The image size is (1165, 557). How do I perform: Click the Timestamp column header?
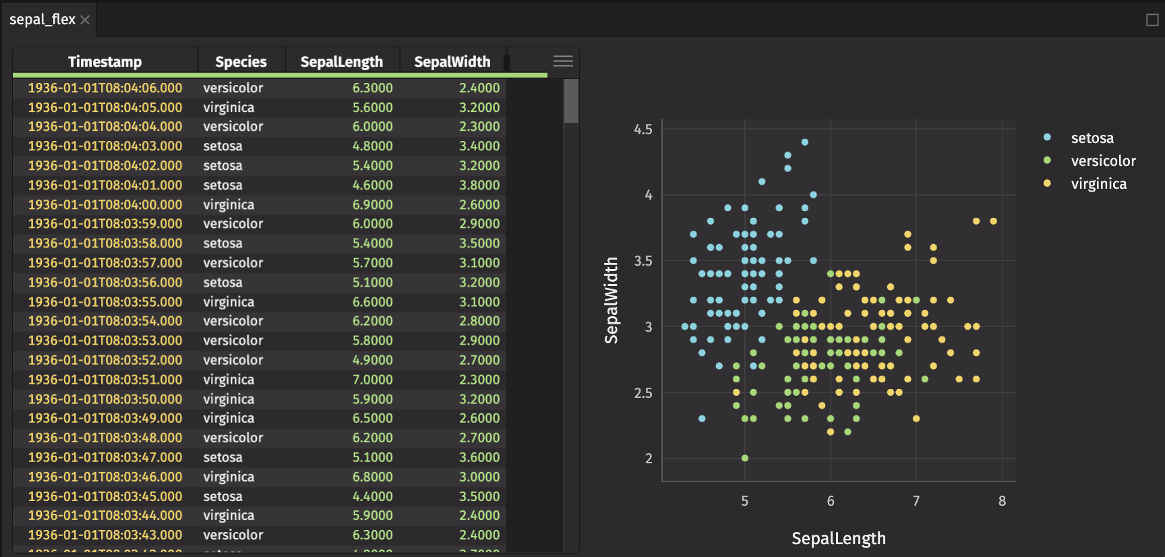click(x=104, y=62)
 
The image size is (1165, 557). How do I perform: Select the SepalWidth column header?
click(x=452, y=62)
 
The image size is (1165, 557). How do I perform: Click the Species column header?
click(x=241, y=62)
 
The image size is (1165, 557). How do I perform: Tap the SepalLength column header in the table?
click(x=341, y=62)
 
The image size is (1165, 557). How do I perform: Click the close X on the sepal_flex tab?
click(x=85, y=20)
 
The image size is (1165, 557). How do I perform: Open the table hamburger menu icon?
click(x=563, y=61)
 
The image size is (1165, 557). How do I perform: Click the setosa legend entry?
click(x=1092, y=138)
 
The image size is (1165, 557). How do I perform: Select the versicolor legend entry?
click(x=1103, y=161)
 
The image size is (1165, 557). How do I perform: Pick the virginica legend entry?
click(x=1098, y=184)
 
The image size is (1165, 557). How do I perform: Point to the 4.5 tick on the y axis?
click(x=643, y=129)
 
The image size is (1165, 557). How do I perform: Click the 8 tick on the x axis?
click(x=1002, y=501)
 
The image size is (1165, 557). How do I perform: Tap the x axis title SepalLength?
click(x=839, y=538)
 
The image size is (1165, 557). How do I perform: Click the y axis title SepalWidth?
click(x=611, y=300)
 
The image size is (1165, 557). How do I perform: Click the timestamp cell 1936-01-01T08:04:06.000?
click(x=105, y=88)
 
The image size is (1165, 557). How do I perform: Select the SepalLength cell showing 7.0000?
click(x=372, y=380)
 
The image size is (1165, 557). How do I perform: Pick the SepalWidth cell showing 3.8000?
click(x=479, y=185)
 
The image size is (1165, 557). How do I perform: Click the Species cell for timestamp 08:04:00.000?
click(x=229, y=205)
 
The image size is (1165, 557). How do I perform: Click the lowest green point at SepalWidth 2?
click(x=745, y=458)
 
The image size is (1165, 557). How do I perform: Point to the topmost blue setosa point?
click(x=805, y=142)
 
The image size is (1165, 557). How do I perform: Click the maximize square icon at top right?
click(x=1152, y=20)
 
